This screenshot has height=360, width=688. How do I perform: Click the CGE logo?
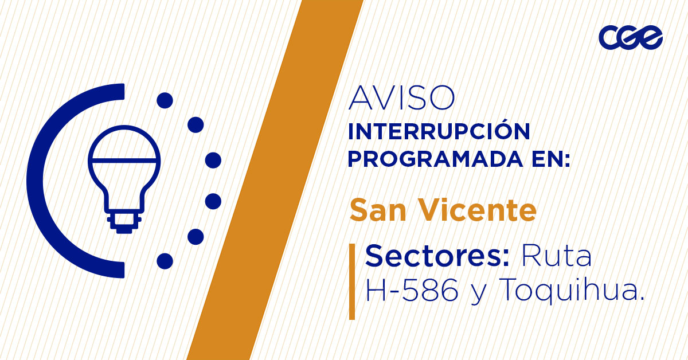tap(630, 38)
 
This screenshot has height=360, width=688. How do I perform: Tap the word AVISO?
tap(401, 98)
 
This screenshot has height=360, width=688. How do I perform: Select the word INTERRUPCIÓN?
tap(439, 132)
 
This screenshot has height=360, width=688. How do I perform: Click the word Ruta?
tap(556, 256)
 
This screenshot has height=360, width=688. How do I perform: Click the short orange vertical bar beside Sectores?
tap(352, 281)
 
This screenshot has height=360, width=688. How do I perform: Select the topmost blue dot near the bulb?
tap(165, 100)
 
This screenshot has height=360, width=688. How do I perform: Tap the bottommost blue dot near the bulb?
tap(165, 261)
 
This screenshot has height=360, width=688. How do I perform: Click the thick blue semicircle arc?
tap(43, 181)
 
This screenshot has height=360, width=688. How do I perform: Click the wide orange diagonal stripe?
tap(275, 180)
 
